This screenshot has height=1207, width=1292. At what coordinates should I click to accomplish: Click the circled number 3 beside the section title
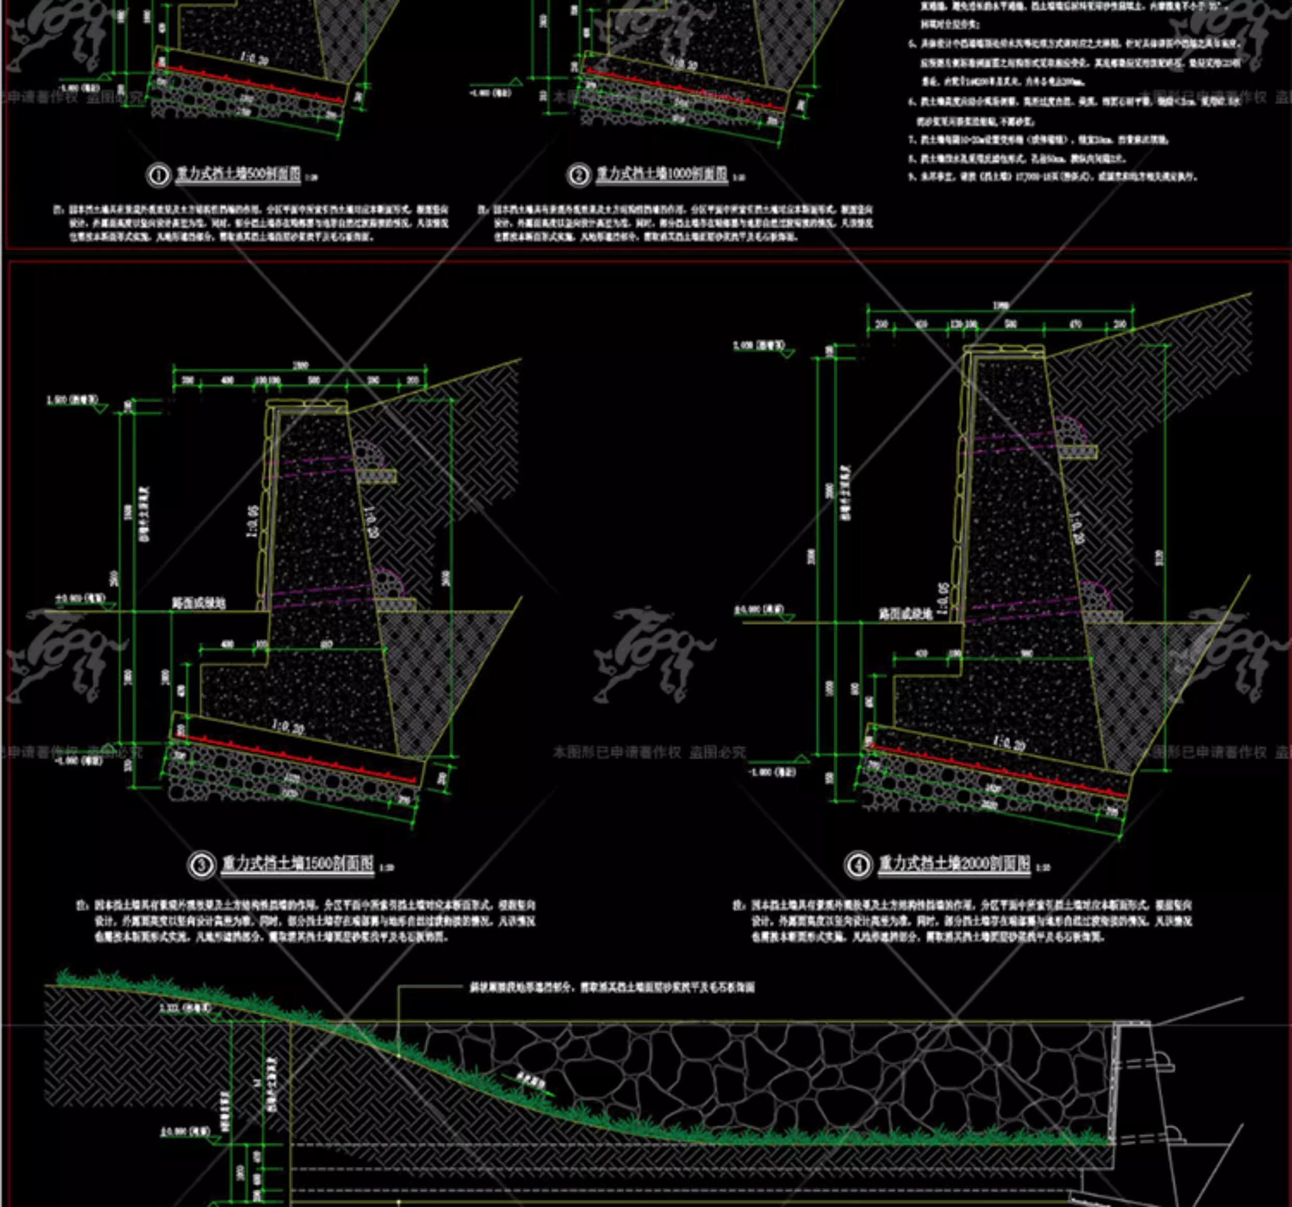point(202,865)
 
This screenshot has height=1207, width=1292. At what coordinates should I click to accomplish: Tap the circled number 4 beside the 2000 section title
point(858,865)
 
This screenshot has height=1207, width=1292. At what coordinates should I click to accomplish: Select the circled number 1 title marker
point(158,176)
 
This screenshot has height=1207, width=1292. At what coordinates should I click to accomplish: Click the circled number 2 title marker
point(577,176)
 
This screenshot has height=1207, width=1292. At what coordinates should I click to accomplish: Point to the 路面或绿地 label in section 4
point(906,613)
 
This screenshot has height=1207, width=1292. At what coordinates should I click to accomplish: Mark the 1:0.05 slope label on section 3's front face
point(252,521)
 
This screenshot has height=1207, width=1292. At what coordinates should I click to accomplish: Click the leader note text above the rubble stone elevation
point(612,987)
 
